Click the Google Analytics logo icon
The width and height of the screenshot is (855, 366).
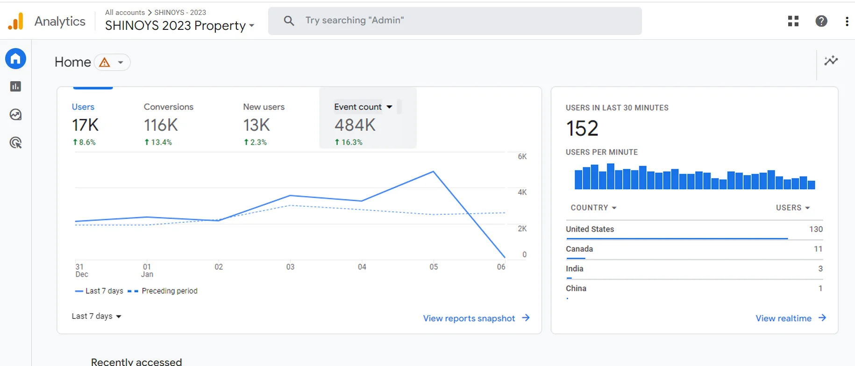pos(16,21)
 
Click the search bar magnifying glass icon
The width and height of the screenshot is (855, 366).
pos(289,21)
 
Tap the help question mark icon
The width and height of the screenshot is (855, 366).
pos(821,21)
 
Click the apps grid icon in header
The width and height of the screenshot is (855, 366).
pos(793,21)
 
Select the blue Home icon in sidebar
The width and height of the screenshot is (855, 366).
pos(15,59)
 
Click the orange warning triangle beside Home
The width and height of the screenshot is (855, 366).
pos(105,62)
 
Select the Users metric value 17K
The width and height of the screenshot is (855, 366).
pos(85,125)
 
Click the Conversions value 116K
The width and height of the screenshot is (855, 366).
pos(161,125)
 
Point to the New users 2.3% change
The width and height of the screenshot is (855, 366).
pos(255,142)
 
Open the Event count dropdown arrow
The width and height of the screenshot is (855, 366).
pos(389,107)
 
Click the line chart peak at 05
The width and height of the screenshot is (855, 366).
pos(434,172)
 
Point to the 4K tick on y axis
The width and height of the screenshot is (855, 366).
pos(522,192)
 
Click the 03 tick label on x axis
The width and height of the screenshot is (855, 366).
pos(290,267)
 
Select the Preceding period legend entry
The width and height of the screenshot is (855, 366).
pos(163,291)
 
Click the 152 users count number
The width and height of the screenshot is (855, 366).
pos(582,128)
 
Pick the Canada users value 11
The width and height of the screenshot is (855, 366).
pos(818,249)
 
